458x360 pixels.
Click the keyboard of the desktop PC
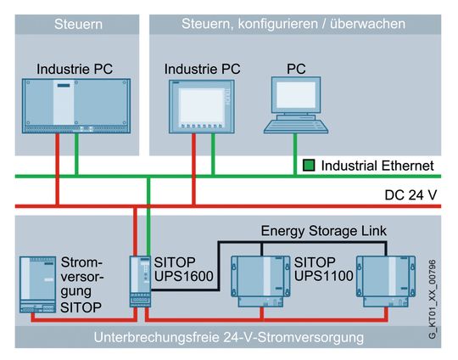click(294, 126)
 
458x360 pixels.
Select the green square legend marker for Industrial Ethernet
click(310, 165)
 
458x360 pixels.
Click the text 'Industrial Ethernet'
click(378, 165)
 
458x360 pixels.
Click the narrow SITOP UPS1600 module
click(139, 282)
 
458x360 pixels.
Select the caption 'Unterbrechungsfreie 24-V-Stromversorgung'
click(229, 337)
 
